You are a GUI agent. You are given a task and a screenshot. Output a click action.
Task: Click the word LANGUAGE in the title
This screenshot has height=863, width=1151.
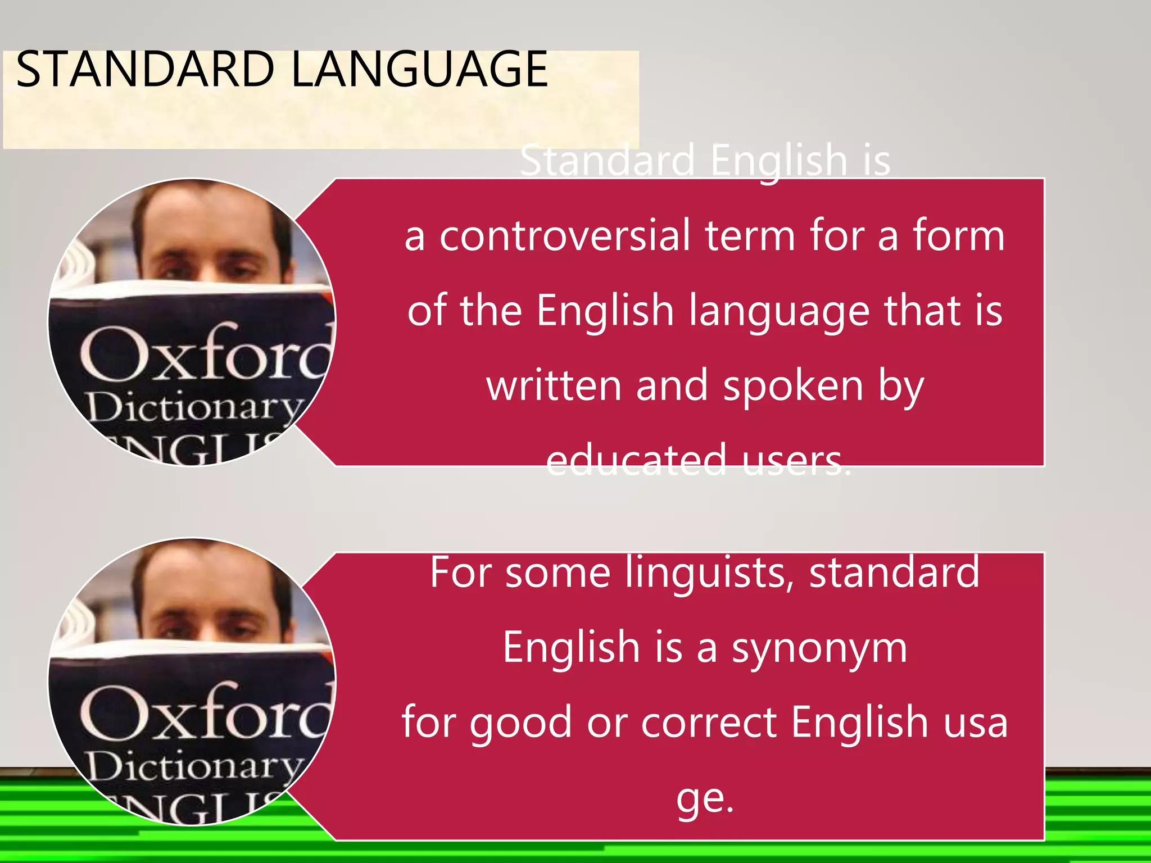[x=420, y=70]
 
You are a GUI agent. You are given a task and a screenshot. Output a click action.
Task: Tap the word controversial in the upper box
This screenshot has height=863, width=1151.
[x=564, y=236]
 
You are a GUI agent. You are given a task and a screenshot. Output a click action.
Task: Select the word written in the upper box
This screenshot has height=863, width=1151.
[x=554, y=386]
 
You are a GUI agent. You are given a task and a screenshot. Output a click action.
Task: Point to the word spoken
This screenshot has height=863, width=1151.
[x=792, y=386]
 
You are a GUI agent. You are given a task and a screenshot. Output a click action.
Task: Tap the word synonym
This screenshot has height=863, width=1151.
[x=819, y=648]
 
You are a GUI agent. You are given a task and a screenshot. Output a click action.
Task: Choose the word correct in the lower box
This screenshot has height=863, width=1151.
[x=709, y=723]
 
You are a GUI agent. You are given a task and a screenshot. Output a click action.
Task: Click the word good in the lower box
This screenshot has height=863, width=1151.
[x=521, y=723]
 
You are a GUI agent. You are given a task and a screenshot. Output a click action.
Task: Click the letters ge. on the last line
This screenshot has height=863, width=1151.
[x=705, y=798]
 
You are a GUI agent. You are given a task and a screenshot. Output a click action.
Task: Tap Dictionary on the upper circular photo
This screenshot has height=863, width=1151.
[x=194, y=409]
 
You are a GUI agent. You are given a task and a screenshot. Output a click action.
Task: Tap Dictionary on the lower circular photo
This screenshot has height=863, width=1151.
[x=194, y=767]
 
